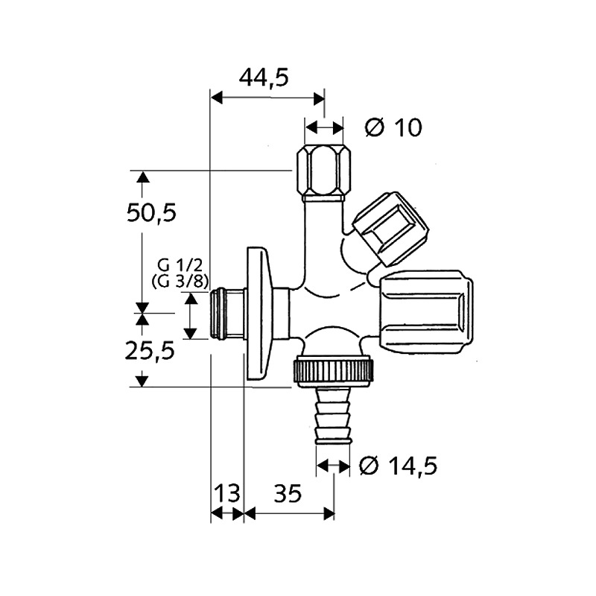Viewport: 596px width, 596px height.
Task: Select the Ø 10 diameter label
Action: click(x=393, y=127)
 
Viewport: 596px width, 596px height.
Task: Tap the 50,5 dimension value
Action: click(x=151, y=213)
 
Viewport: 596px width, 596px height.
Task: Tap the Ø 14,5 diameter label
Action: click(x=397, y=466)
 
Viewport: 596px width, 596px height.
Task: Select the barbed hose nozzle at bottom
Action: click(x=333, y=417)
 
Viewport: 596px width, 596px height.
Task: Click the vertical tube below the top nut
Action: click(x=323, y=231)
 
